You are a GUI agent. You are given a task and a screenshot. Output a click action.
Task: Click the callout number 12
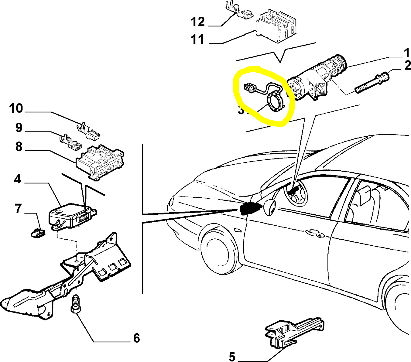click(198, 22)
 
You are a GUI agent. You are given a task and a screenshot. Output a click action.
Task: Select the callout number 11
click(198, 39)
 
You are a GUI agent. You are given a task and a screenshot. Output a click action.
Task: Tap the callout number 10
click(16, 108)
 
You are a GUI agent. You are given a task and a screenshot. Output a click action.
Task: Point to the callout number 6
click(137, 338)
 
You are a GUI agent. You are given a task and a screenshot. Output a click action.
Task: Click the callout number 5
click(232, 357)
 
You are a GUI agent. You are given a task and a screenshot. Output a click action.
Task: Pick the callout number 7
click(18, 209)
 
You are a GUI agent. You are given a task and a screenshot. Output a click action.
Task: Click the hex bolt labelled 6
click(75, 304)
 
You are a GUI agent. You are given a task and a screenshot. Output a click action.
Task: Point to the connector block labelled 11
click(276, 27)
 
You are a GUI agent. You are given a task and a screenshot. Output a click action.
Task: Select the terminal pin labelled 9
click(70, 142)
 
